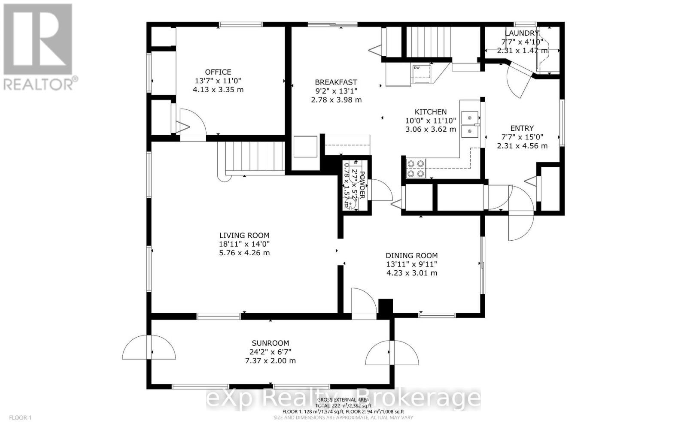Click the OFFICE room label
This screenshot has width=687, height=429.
tap(218, 72)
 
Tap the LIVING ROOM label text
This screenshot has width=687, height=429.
tap(244, 235)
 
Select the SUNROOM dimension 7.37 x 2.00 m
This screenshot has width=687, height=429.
tap(270, 360)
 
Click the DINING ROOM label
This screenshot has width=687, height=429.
tap(411, 256)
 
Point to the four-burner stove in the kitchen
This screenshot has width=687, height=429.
tap(416, 168)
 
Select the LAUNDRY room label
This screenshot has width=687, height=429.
tap(521, 33)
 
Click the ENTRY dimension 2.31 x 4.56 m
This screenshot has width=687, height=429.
tap(522, 146)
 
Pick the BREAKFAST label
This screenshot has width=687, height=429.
tap(336, 82)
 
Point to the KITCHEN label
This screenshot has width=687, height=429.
tap(430, 112)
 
